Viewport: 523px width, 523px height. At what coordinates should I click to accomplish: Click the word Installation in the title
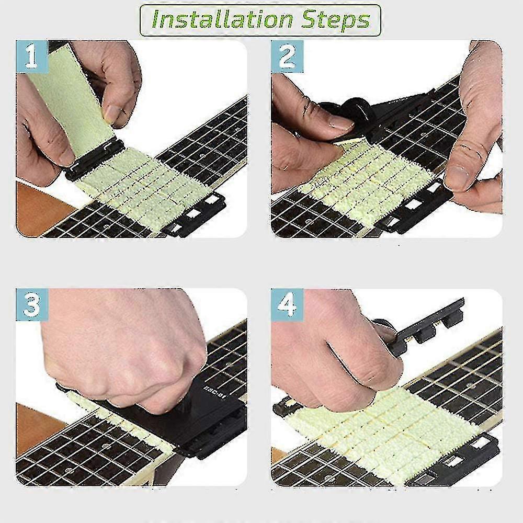coord(220,20)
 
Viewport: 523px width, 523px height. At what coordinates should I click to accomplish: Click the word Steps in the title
coord(335,20)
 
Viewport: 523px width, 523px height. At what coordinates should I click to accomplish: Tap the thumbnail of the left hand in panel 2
coord(340,123)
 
